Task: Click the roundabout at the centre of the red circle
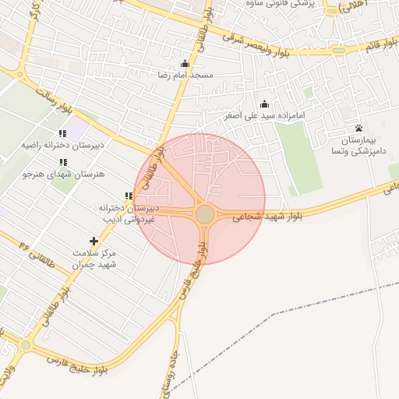pos(204,214)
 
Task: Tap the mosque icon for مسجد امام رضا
pos(184,64)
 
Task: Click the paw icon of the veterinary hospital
pos(358,128)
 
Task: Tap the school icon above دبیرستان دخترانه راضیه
pos(62,133)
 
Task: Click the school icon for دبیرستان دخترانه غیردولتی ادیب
pos(129,196)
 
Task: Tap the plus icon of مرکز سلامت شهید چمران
pos(94,242)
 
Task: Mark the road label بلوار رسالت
pos(52,101)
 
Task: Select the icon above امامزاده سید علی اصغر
pos(263,104)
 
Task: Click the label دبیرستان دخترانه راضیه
pos(62,145)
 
